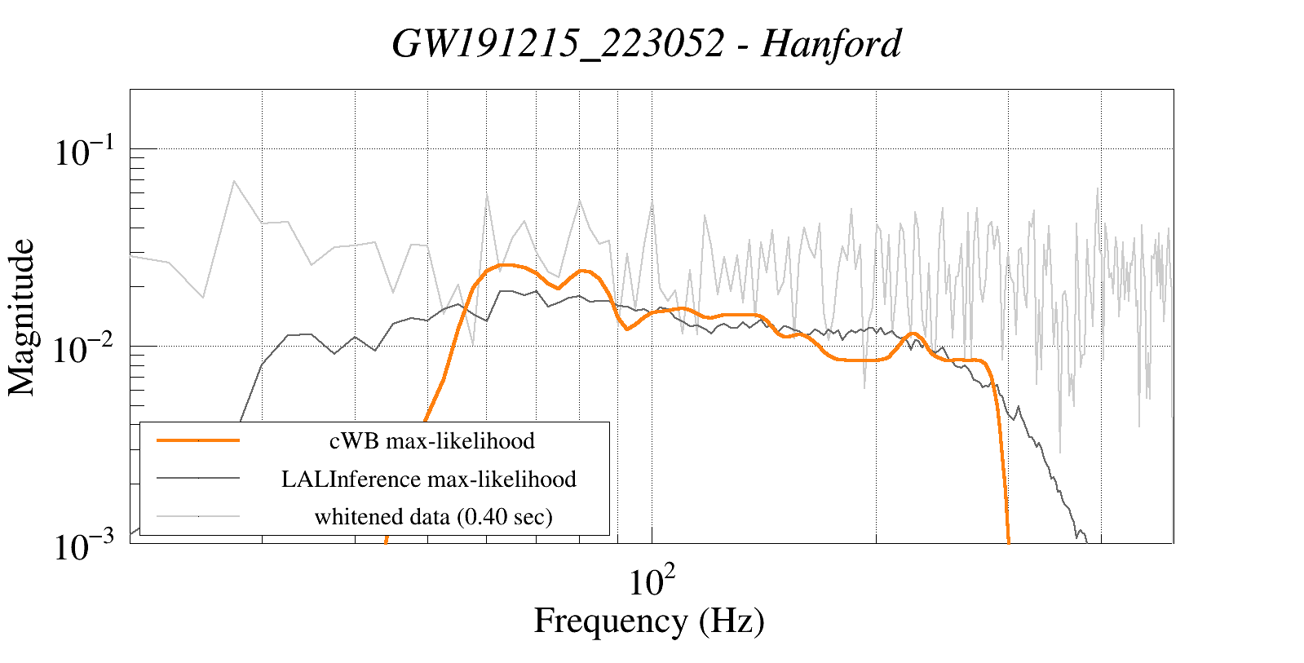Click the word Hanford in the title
[x=831, y=43]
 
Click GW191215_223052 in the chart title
[x=558, y=43]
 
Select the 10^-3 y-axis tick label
[x=86, y=547]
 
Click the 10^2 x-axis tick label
[x=652, y=581]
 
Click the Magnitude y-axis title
[x=22, y=317]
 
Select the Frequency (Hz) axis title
[x=649, y=621]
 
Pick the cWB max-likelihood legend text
[x=431, y=441]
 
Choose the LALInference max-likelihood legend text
[x=429, y=479]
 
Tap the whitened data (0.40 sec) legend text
[x=433, y=516]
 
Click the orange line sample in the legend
[x=198, y=440]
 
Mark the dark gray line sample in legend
[x=198, y=478]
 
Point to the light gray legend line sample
[x=198, y=515]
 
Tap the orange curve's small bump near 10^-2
[x=913, y=334]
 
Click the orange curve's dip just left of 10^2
[x=627, y=328]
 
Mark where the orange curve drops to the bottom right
[x=1008, y=538]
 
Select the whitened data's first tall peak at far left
[x=234, y=181]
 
